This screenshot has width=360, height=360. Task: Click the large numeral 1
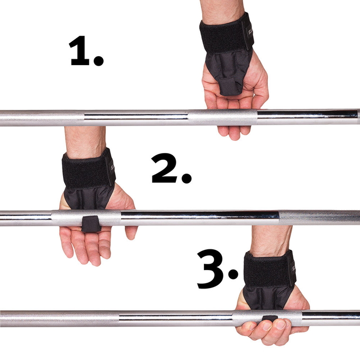79,50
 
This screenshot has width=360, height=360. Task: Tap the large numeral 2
165,168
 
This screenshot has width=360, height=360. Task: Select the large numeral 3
210,269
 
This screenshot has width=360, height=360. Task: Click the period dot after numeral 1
98,60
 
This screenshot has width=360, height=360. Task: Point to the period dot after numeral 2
186,178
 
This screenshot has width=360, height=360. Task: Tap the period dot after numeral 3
233,274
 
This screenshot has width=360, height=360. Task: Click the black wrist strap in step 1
226,33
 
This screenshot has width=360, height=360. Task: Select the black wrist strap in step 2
88,169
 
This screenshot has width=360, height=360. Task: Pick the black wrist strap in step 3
270,268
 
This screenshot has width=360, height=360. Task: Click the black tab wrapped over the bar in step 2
91,224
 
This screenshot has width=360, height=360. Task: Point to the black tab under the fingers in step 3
270,319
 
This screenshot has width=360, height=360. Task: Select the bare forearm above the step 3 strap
271,240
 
